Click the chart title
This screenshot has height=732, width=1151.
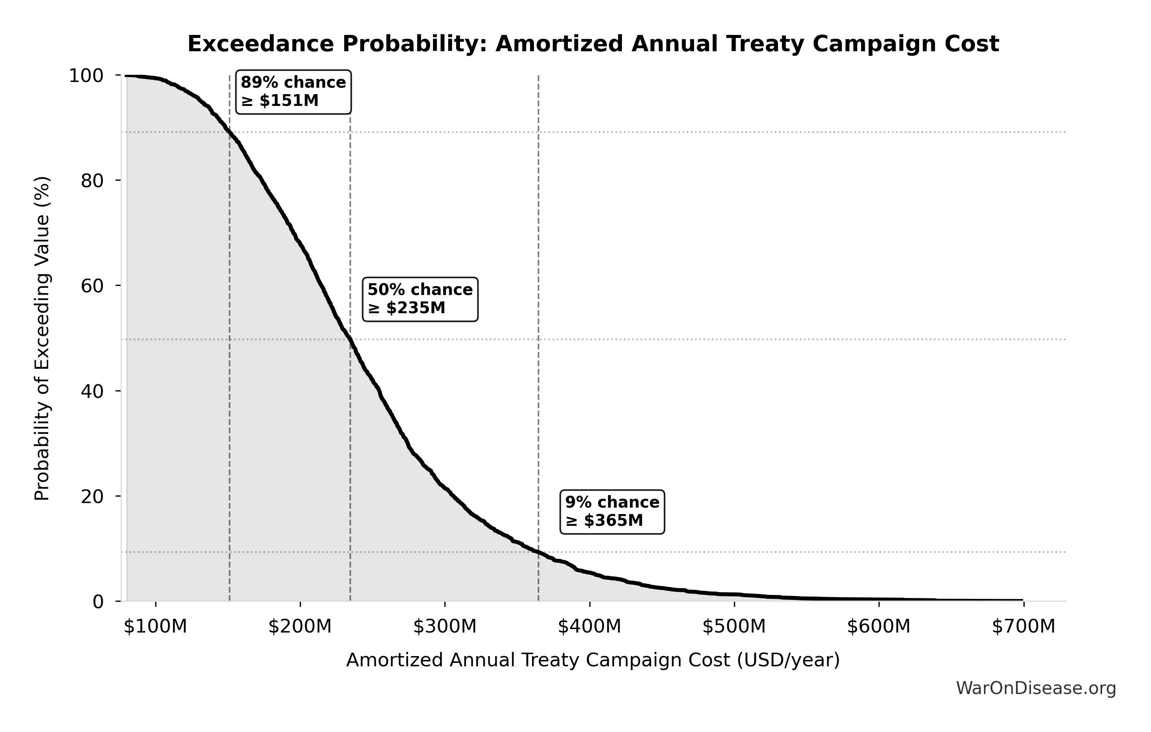coord(593,44)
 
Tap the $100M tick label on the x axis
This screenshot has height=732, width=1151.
coord(155,626)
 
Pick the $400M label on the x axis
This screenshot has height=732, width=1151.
coord(589,626)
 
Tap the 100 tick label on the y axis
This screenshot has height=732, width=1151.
coord(86,76)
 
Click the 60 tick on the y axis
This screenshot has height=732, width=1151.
coord(92,286)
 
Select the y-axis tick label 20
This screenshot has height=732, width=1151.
coord(92,497)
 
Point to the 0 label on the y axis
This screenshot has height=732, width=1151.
coord(98,602)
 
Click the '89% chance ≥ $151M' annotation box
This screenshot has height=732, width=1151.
coord(293,92)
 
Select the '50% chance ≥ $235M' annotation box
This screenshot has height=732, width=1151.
coord(420,299)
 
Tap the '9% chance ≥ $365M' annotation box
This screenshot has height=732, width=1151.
coord(612,511)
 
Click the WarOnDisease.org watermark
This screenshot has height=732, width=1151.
coord(1036,688)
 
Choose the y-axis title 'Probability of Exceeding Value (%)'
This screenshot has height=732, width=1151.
coord(42,339)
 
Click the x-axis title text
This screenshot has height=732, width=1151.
coord(593,660)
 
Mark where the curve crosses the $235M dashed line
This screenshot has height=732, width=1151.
coord(350,339)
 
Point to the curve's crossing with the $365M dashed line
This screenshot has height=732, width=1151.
coord(539,553)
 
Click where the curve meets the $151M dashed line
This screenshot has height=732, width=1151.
coord(230,132)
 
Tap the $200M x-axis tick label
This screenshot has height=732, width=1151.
coord(300,626)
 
